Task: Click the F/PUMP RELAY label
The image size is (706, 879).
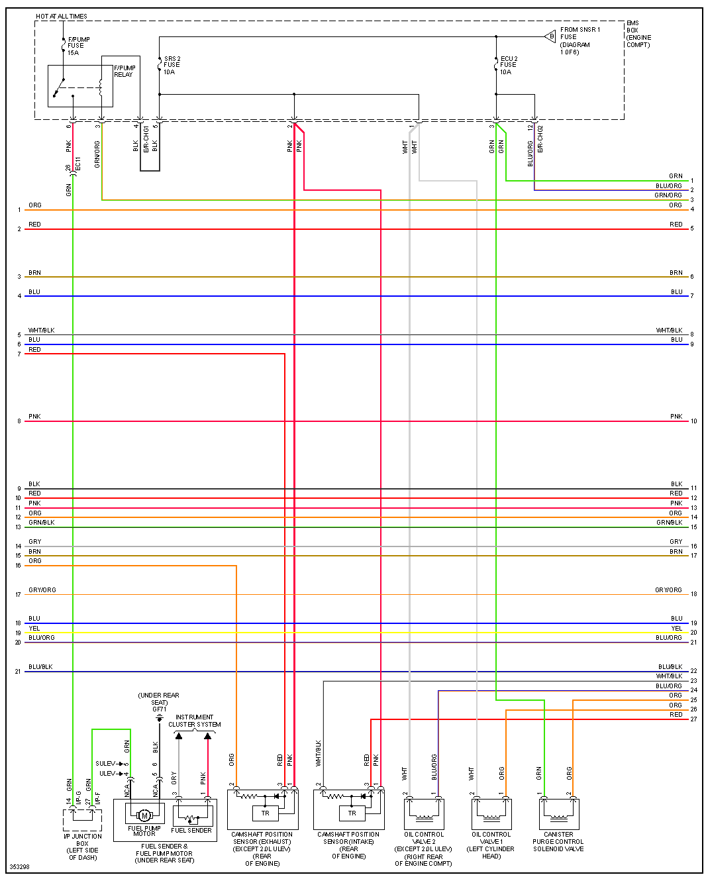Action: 124,71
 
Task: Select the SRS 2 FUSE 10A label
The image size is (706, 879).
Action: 172,65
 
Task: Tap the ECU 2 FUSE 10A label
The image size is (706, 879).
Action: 508,65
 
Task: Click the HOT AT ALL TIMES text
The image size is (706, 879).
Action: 62,16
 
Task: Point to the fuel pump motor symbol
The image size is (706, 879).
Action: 144,815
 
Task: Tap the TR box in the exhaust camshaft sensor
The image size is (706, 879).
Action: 266,813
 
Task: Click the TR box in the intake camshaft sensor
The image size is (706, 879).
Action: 352,813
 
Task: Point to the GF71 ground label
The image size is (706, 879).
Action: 159,709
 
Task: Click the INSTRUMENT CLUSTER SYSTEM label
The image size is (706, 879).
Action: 194,721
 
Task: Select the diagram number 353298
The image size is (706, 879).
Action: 19,866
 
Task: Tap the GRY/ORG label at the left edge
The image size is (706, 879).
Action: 42,590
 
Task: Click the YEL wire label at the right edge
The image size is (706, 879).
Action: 676,628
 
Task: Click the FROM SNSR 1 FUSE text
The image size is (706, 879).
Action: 580,33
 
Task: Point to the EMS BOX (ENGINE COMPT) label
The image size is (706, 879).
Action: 638,34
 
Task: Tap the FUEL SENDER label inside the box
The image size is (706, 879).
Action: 191,830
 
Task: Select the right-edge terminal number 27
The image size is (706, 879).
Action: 693,719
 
